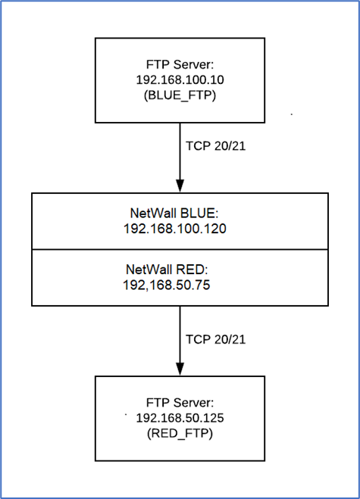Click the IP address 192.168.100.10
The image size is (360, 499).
pyautogui.click(x=180, y=80)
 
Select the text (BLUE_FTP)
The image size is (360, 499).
pyautogui.click(x=180, y=95)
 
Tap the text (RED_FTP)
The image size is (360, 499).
pyautogui.click(x=180, y=433)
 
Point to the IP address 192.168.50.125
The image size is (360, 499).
pyautogui.click(x=180, y=417)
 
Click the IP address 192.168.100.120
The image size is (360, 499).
pyautogui.click(x=175, y=229)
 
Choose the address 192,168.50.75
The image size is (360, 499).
pyautogui.click(x=167, y=285)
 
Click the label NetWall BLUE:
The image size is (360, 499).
pyautogui.click(x=174, y=214)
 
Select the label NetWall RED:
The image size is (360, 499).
pyautogui.click(x=167, y=270)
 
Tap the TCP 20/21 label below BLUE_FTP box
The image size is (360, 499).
pyautogui.click(x=216, y=146)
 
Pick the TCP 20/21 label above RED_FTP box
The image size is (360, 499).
pyautogui.click(x=216, y=339)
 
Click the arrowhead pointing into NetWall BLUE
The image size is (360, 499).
pyautogui.click(x=180, y=186)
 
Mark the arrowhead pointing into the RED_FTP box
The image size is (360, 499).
pyautogui.click(x=180, y=370)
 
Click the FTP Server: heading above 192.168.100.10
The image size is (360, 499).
pyautogui.click(x=180, y=64)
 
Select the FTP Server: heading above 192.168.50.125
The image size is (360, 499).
pyautogui.click(x=180, y=403)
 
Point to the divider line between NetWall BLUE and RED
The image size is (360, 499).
pyautogui.click(x=180, y=250)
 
